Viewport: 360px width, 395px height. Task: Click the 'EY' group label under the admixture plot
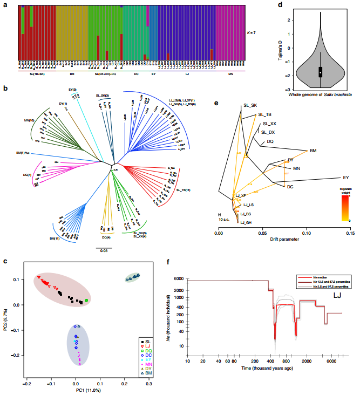pyautogui.click(x=154, y=74)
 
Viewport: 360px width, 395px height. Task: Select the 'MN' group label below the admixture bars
pyautogui.click(x=230, y=74)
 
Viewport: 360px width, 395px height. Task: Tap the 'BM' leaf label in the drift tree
pyautogui.click(x=313, y=151)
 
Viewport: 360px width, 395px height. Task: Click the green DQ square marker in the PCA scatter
pyautogui.click(x=86, y=300)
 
